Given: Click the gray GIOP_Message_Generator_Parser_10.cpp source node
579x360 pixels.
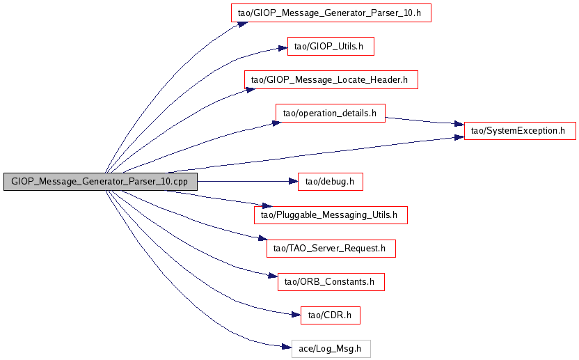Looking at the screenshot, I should [100, 182].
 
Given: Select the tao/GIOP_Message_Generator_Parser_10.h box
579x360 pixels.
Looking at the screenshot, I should [331, 13].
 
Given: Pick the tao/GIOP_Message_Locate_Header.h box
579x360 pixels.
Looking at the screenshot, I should [331, 80].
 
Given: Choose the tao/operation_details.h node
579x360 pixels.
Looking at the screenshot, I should [331, 114].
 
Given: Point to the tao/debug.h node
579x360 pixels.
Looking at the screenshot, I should [331, 182].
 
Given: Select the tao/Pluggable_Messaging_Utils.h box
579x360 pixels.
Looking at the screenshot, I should [331, 215].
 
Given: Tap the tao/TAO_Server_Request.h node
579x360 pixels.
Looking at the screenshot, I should [331, 249].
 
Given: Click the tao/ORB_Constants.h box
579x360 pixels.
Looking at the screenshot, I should [331, 282].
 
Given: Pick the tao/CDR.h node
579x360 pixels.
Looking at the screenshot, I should [331, 315].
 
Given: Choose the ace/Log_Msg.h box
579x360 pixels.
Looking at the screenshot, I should [331, 349].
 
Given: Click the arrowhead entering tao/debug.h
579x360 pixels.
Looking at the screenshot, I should [293, 182].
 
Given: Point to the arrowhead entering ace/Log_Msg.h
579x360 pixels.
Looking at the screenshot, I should [287, 346].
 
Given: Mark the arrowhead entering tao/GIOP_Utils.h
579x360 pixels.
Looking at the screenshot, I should [283, 49].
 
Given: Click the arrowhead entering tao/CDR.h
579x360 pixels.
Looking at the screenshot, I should [296, 314].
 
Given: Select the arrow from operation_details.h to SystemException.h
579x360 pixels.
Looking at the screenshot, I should [425, 121].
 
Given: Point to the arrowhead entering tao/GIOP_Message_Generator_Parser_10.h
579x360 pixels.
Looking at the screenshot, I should [241, 22].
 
